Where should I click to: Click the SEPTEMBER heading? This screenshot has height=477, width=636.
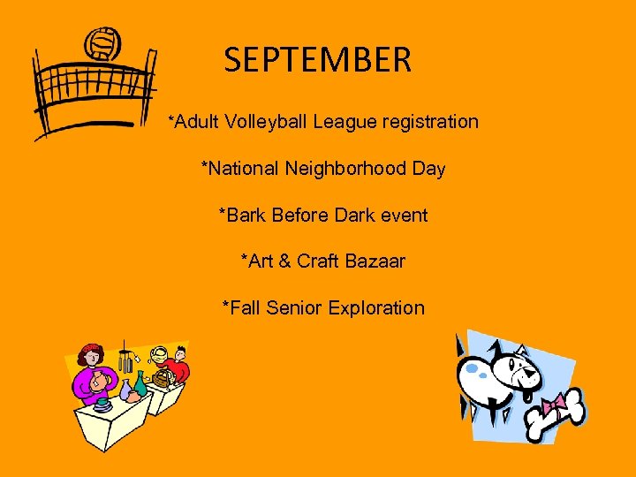pyautogui.click(x=318, y=60)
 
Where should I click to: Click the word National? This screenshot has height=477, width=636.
pyautogui.click(x=241, y=168)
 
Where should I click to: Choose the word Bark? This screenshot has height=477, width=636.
pyautogui.click(x=242, y=215)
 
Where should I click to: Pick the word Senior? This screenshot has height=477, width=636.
pyautogui.click(x=294, y=308)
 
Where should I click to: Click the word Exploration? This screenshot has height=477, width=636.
pyautogui.click(x=376, y=308)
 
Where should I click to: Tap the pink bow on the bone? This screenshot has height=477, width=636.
pyautogui.click(x=556, y=405)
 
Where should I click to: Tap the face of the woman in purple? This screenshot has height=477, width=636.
pyautogui.click(x=89, y=358)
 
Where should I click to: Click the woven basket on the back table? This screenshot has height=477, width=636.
pyautogui.click(x=161, y=377)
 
